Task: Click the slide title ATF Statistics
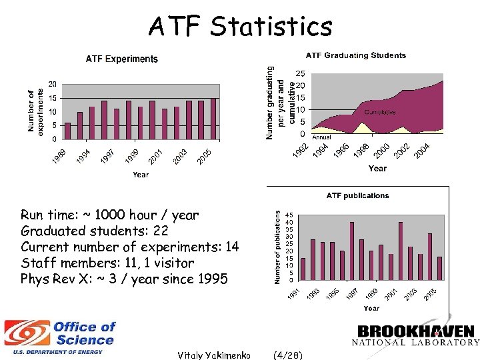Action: tap(240, 27)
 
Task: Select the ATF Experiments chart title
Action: tap(122, 59)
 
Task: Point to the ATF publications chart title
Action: tap(357, 195)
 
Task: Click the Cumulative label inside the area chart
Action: tap(379, 112)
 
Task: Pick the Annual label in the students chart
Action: tap(321, 138)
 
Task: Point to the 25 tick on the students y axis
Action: tap(301, 73)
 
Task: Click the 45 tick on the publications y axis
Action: tap(288, 215)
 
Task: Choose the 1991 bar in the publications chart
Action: tap(303, 269)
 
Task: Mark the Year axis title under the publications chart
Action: tap(371, 308)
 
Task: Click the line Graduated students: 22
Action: tap(95, 231)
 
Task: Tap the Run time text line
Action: tap(109, 215)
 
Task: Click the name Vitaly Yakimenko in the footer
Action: tap(213, 355)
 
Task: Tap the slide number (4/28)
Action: tap(287, 355)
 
